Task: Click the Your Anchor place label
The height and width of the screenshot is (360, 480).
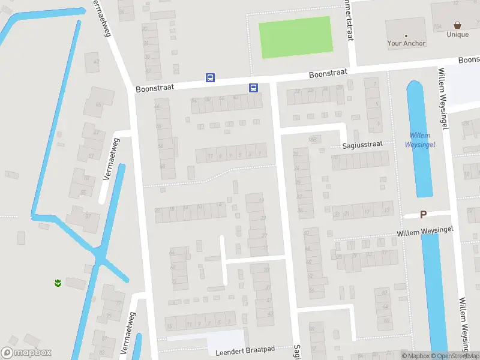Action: click(x=406, y=43)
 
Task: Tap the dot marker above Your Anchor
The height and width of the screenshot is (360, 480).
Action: click(x=406, y=35)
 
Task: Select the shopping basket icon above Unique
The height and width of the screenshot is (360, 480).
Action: click(x=458, y=26)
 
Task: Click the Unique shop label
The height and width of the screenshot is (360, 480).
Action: click(x=457, y=35)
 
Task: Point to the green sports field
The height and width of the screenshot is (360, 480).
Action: click(x=295, y=37)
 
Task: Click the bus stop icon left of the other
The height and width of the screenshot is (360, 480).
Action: click(x=210, y=77)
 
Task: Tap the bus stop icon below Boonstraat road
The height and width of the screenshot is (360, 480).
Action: click(x=254, y=88)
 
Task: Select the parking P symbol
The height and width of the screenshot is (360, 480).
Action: click(x=423, y=214)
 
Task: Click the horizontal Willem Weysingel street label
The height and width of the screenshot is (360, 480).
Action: click(x=425, y=230)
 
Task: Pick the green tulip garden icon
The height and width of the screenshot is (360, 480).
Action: click(x=58, y=282)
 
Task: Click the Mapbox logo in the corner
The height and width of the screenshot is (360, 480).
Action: click(x=26, y=353)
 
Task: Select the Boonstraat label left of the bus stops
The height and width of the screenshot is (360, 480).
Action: click(x=155, y=88)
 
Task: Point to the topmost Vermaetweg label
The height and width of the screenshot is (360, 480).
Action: click(x=101, y=18)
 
